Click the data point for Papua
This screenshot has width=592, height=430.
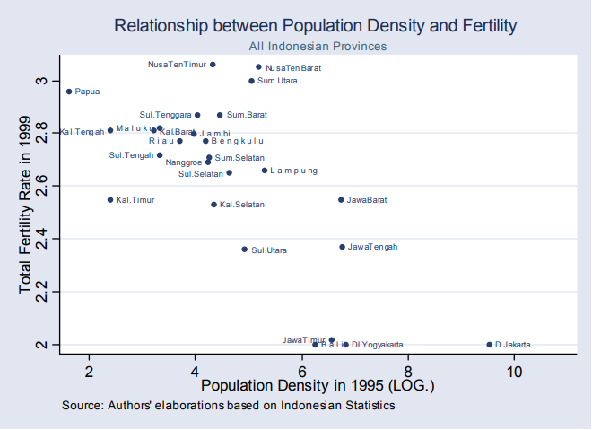click(x=69, y=92)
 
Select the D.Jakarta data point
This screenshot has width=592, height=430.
click(x=489, y=345)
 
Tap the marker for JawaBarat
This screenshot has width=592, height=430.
click(x=341, y=200)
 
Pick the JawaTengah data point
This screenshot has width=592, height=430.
click(x=342, y=247)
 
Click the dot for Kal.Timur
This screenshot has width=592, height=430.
click(x=110, y=200)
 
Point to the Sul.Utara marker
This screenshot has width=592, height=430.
click(x=244, y=250)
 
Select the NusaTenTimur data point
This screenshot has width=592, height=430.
click(x=213, y=65)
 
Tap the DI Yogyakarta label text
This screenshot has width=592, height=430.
click(x=377, y=345)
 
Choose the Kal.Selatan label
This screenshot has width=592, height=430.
click(x=242, y=205)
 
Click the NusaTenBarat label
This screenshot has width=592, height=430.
click(x=293, y=67)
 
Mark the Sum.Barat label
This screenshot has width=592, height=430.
click(x=247, y=115)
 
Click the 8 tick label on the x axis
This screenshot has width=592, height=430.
click(x=407, y=371)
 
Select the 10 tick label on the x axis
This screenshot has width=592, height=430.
click(x=514, y=371)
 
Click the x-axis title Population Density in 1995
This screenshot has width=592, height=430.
click(x=318, y=386)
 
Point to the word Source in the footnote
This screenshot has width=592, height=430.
click(x=83, y=406)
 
